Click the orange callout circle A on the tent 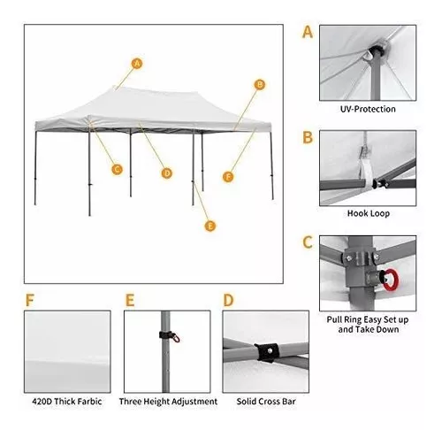pos(136,64)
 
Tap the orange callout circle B pos(260,85)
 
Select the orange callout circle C pos(117,170)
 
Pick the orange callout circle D pos(167,173)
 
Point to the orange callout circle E pos(210,227)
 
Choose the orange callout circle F pos(228,177)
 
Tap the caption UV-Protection pos(368,109)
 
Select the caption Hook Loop pos(369,213)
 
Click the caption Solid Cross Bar pos(266,402)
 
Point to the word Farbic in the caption pos(90,402)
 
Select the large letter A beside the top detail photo pos(308,32)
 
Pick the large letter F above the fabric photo pos(29,300)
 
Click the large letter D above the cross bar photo pos(228,300)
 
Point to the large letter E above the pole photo pos(130,300)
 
